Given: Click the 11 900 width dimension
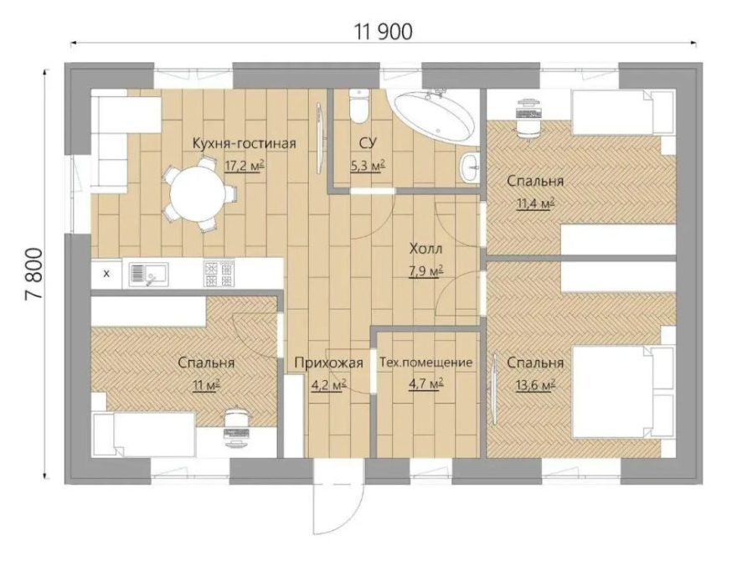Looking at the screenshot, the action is tap(384, 32).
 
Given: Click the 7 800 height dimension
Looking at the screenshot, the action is tap(33, 273).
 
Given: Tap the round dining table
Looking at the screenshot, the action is tap(198, 193).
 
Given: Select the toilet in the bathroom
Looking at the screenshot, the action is tap(358, 106).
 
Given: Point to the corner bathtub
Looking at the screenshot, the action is tap(433, 115).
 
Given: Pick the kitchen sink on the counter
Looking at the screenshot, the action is tap(148, 274).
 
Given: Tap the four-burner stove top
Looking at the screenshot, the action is tap(219, 273).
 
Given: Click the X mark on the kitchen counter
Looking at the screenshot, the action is tap(106, 273).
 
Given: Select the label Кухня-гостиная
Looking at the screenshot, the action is tap(245, 143).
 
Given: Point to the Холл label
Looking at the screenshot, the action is tap(426, 249).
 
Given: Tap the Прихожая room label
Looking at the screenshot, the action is tap(328, 363).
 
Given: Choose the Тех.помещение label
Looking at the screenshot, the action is tap(426, 363).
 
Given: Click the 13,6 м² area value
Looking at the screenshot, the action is tap(535, 385).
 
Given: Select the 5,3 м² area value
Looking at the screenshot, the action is tap(368, 166).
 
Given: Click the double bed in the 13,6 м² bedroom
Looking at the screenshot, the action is tap(623, 391).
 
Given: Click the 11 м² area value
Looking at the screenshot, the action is tap(206, 385).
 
